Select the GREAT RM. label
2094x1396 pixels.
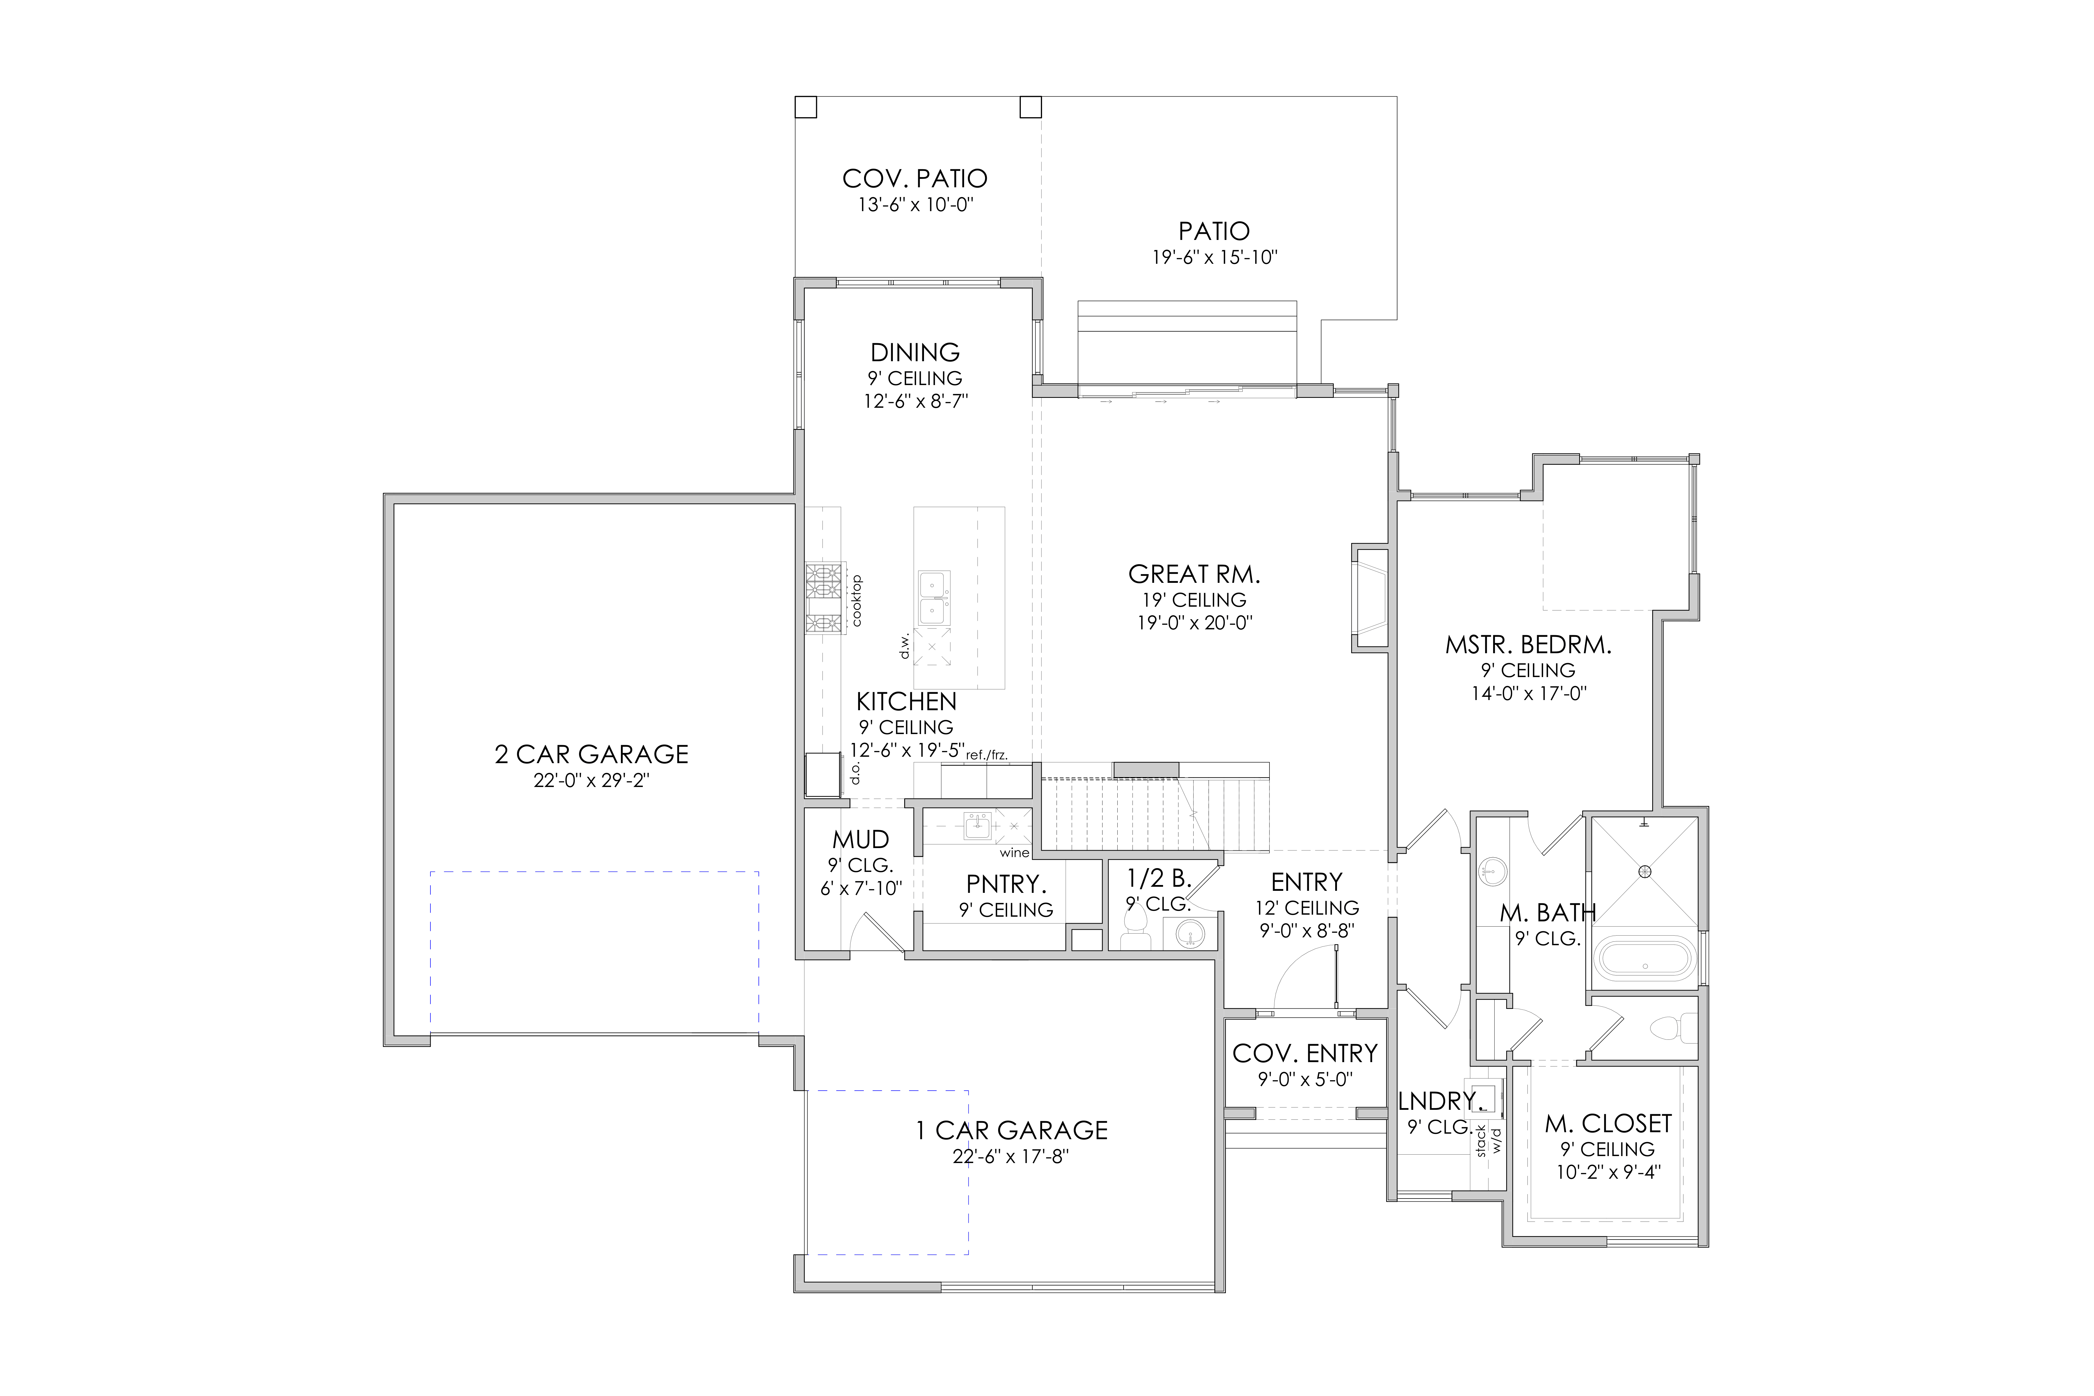tap(1194, 574)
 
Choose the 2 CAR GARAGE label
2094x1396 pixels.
tap(591, 754)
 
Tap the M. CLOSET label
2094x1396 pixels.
tap(1608, 1123)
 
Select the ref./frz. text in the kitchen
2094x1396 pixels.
tap(987, 755)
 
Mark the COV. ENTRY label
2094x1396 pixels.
tap(1304, 1053)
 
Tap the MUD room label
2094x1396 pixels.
tap(860, 840)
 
